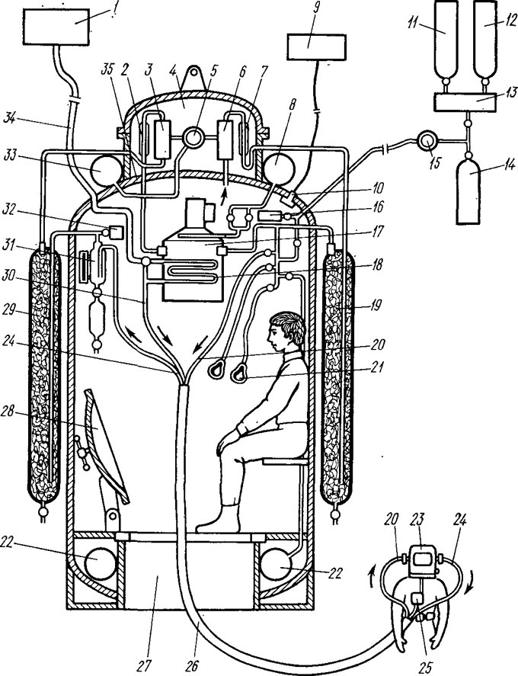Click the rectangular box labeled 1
point(56,27)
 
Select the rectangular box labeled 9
point(317,47)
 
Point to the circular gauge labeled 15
point(427,141)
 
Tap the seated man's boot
point(220,517)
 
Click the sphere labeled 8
point(277,169)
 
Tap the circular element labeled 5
point(193,138)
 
